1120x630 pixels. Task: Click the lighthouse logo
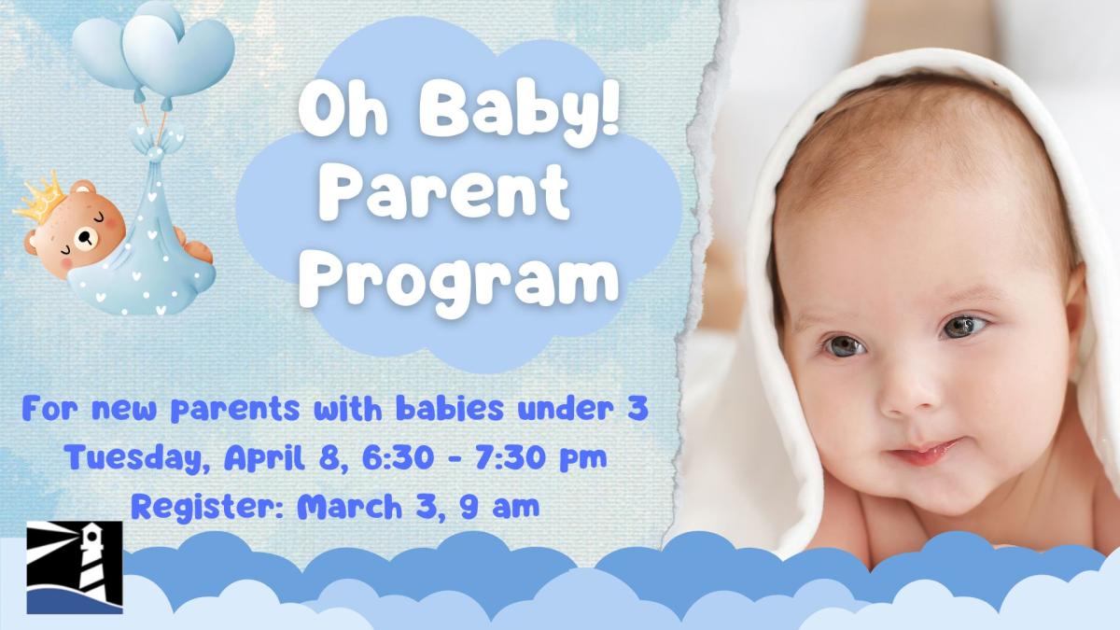click(x=75, y=567)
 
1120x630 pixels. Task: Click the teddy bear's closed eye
click(x=96, y=216)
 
